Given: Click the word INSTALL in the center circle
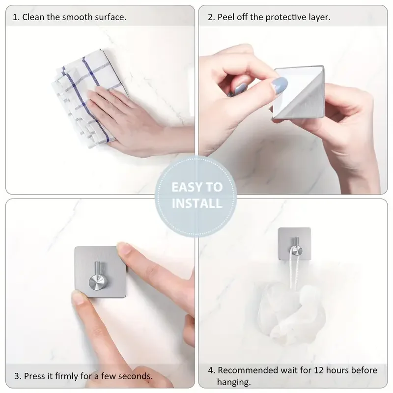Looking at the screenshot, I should [196, 203].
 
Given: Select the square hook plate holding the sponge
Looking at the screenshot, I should [294, 244].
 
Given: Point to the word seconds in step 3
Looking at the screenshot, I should [136, 376].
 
